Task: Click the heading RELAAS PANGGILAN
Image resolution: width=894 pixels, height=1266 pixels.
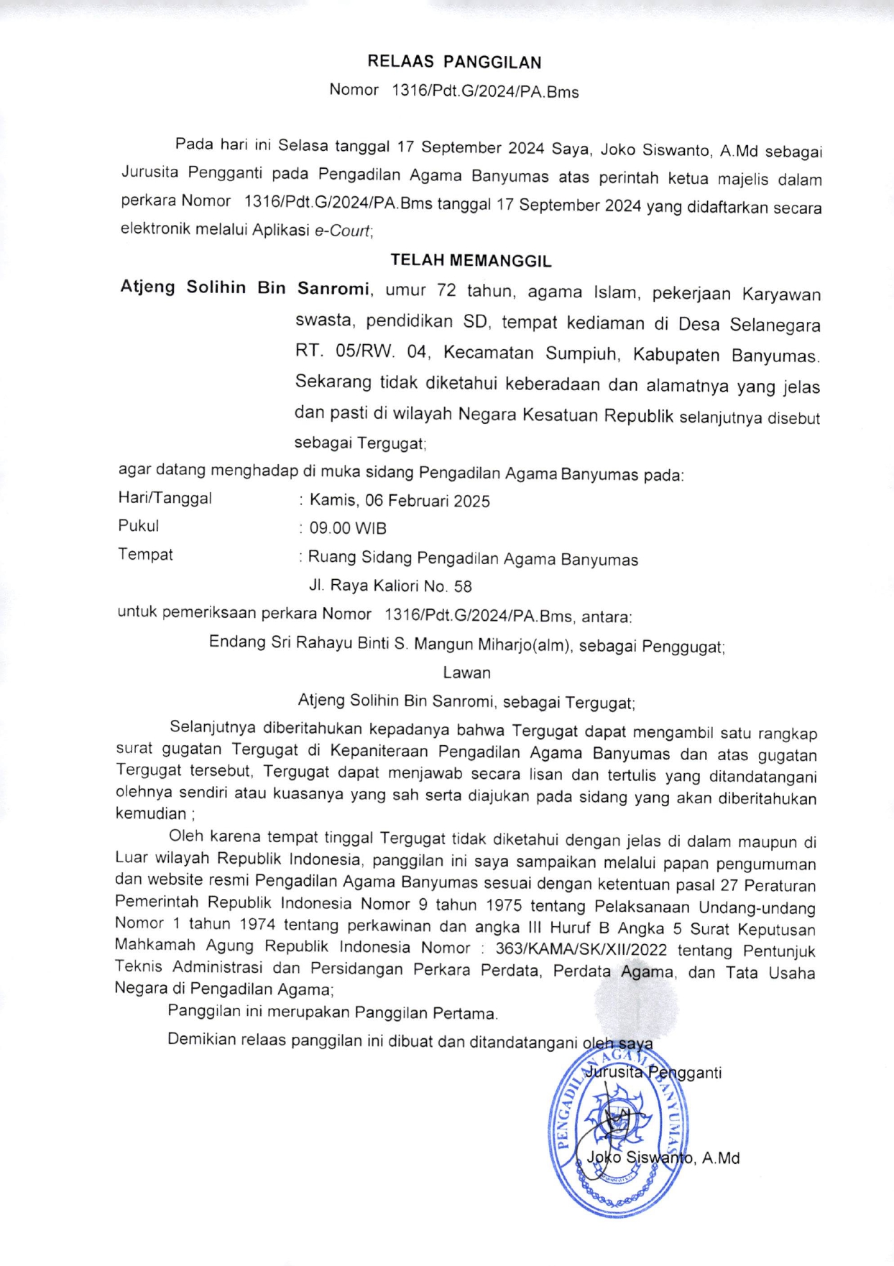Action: [x=454, y=63]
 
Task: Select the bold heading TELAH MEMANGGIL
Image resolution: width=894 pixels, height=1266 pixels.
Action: [x=471, y=261]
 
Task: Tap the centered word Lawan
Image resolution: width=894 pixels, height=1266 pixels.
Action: [x=466, y=673]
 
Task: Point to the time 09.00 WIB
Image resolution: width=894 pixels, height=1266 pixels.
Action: [x=348, y=529]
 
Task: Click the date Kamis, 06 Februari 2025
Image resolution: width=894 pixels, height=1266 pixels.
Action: [x=400, y=501]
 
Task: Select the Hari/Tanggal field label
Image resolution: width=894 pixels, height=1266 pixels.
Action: [x=165, y=498]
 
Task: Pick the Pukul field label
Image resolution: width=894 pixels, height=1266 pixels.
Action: [x=139, y=526]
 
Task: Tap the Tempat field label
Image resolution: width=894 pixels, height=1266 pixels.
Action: [x=145, y=555]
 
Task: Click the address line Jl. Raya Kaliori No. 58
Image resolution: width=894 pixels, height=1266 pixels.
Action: [x=390, y=586]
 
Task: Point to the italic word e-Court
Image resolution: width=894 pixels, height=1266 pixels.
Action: [x=343, y=231]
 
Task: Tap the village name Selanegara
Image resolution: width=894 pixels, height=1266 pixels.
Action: [x=775, y=325]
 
